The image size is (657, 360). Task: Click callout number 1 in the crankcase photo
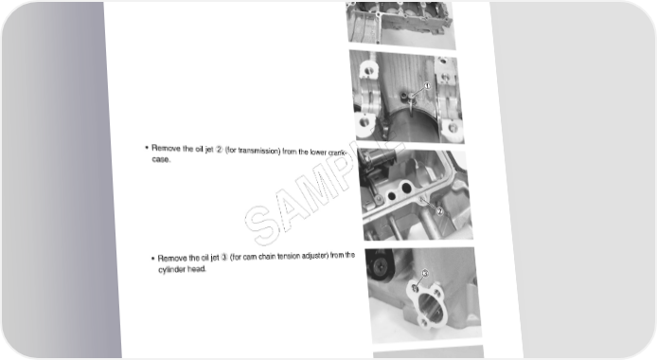(427, 86)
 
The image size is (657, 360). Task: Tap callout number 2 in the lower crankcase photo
(439, 211)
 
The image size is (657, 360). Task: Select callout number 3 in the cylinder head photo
(424, 273)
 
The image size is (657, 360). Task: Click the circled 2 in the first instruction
(219, 149)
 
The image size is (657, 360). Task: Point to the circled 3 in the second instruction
(224, 257)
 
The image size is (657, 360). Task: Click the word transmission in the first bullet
(259, 151)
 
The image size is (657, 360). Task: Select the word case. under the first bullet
(161, 159)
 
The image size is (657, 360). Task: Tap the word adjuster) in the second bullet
(314, 256)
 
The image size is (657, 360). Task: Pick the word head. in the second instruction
(196, 269)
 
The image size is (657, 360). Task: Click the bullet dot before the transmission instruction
(147, 148)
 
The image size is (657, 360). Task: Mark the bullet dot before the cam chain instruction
(153, 259)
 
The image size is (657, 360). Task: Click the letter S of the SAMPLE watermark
(261, 223)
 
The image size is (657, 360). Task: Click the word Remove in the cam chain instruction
(171, 259)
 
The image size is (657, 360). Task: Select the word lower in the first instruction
(318, 153)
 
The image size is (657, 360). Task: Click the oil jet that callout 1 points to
(411, 98)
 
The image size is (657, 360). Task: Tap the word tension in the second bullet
(289, 256)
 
